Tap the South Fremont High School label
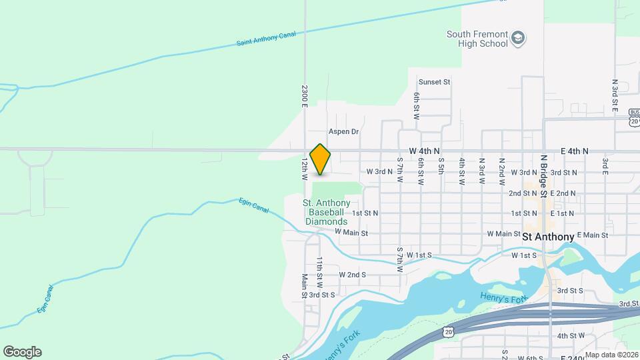[477, 39]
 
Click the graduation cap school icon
[518, 39]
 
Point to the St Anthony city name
[548, 237]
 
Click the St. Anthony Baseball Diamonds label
[327, 212]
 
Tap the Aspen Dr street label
[343, 132]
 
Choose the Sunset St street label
[435, 82]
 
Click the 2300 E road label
[304, 96]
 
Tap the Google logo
[22, 351]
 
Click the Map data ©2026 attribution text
[611, 355]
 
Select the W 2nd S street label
[353, 274]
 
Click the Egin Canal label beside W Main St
[254, 207]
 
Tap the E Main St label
[593, 235]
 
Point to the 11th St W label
[319, 269]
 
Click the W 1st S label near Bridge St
[524, 255]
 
